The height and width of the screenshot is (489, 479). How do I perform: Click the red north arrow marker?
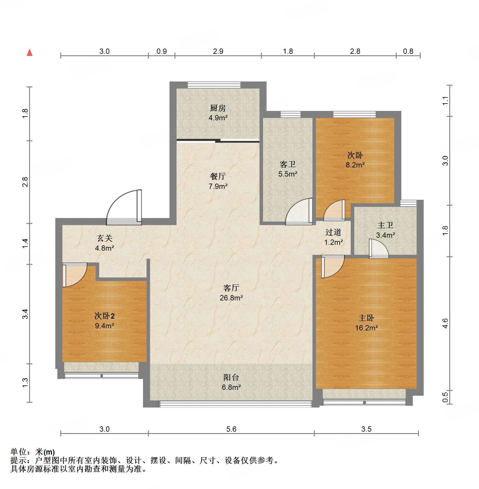pyautogui.click(x=29, y=52)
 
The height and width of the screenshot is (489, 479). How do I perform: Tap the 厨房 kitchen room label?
pyautogui.click(x=218, y=108)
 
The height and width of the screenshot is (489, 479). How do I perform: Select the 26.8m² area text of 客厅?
pyautogui.click(x=231, y=298)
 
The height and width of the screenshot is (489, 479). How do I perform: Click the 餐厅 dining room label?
pyautogui.click(x=218, y=176)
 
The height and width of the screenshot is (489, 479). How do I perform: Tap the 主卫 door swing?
pyautogui.click(x=378, y=249)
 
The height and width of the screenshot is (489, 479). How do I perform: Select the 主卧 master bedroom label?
pyautogui.click(x=366, y=318)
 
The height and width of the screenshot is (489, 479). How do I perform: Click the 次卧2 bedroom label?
pyautogui.click(x=104, y=316)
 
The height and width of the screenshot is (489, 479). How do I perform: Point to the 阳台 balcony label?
pyautogui.click(x=231, y=377)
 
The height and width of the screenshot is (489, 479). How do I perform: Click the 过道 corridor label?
pyautogui.click(x=333, y=232)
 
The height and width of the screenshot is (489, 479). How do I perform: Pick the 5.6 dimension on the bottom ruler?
pyautogui.click(x=231, y=429)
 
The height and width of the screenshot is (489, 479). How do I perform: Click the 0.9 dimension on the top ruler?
pyautogui.click(x=162, y=51)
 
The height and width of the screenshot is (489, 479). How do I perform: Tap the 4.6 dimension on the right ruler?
pyautogui.click(x=445, y=323)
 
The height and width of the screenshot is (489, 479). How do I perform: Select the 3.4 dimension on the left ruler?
pyautogui.click(x=25, y=314)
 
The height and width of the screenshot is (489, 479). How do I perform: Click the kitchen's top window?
pyautogui.click(x=214, y=85)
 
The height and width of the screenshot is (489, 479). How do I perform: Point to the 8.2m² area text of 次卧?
pyautogui.click(x=355, y=165)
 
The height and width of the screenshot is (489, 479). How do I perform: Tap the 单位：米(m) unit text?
pyautogui.click(x=33, y=452)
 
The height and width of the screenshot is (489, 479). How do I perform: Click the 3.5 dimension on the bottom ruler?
pyautogui.click(x=366, y=429)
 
